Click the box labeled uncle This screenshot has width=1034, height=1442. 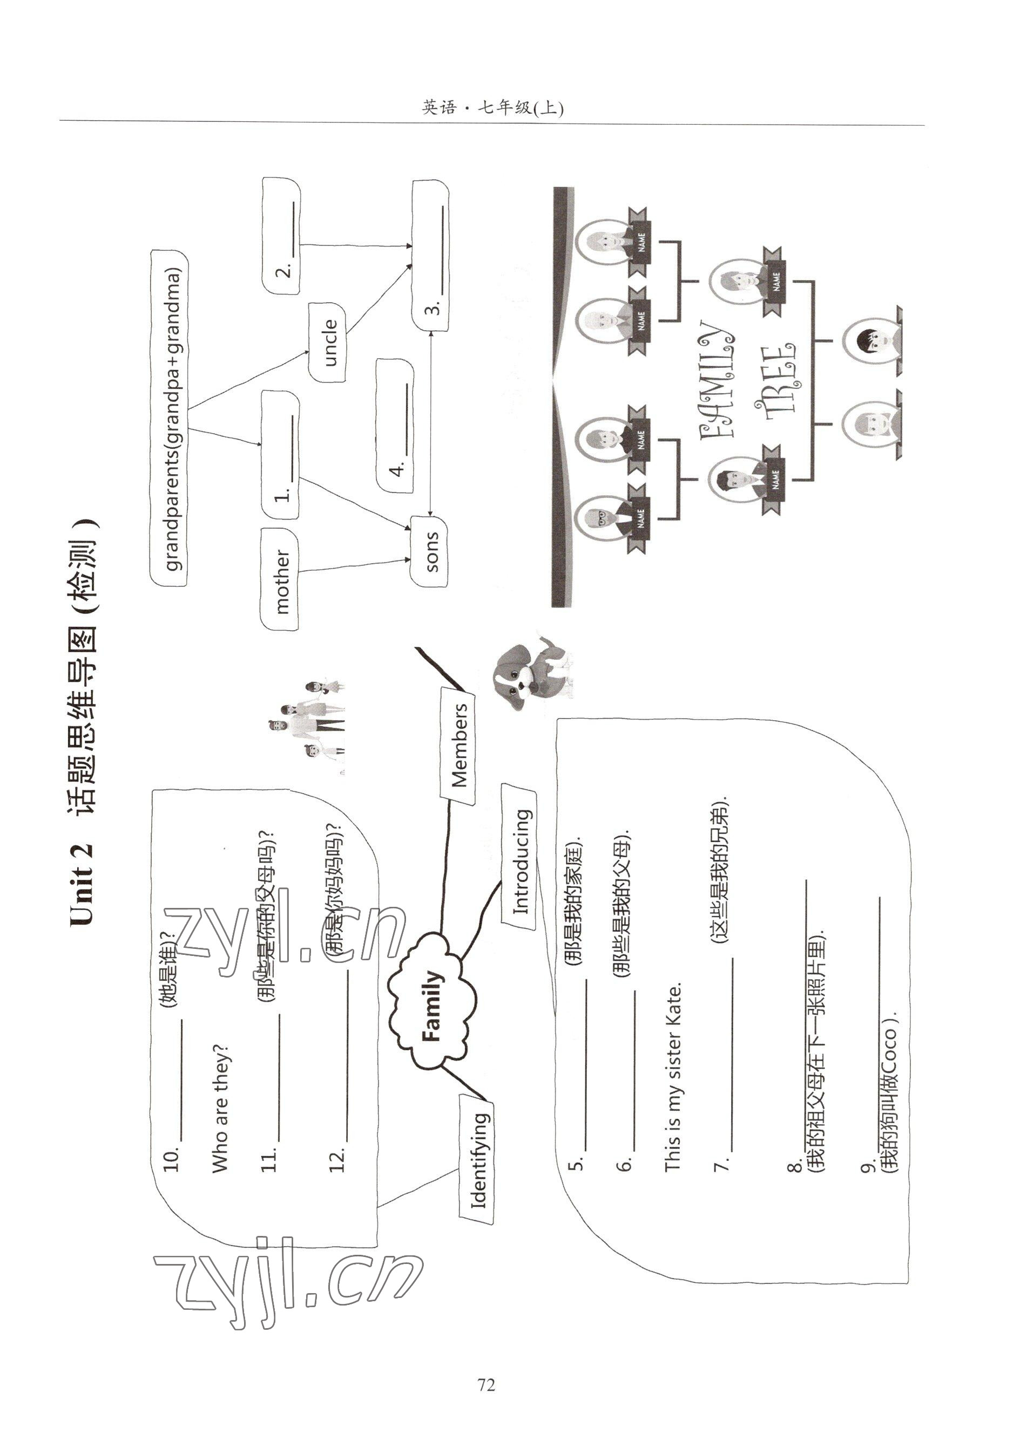(327, 342)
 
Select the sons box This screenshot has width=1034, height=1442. (429, 551)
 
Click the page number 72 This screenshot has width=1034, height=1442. (486, 1384)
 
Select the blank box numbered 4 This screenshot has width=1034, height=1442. (395, 425)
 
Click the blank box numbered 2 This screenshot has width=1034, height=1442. (281, 236)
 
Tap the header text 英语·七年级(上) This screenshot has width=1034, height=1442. (492, 107)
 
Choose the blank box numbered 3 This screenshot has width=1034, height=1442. (431, 255)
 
